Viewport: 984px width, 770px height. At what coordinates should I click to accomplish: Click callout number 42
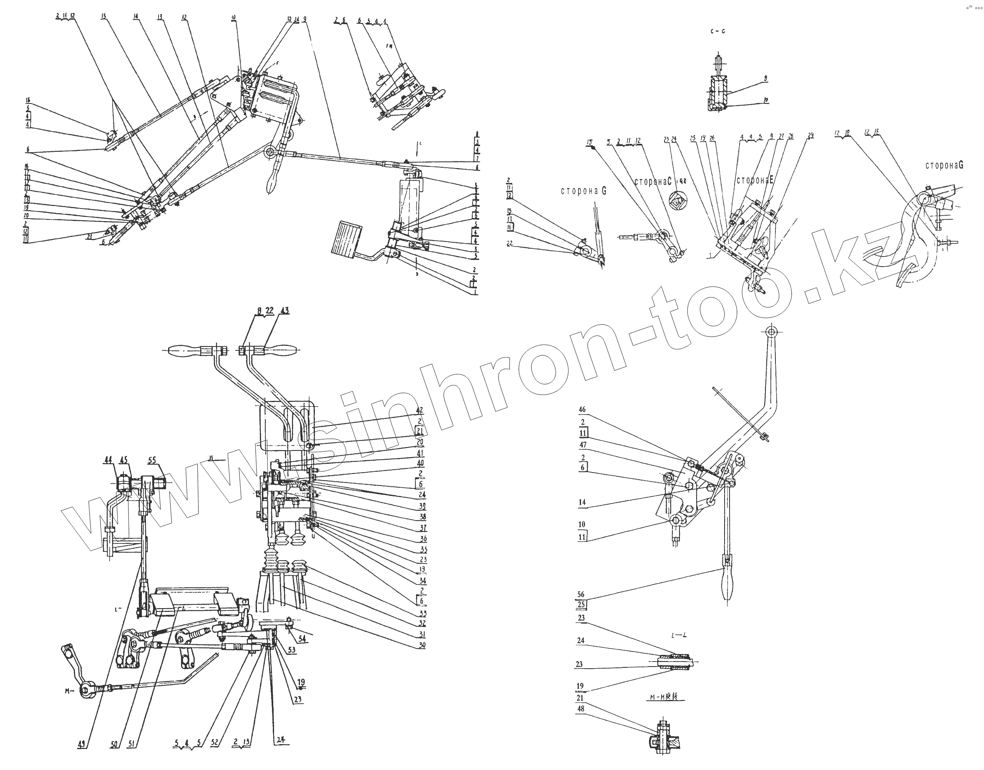click(x=419, y=410)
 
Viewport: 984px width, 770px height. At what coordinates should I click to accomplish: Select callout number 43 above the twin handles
click(x=284, y=311)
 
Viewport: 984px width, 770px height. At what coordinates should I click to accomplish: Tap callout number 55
click(x=152, y=460)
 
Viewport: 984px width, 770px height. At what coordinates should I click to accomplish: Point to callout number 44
click(x=108, y=460)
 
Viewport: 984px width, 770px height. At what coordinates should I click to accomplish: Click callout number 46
click(x=582, y=410)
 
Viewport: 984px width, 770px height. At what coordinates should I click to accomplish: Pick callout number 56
click(x=581, y=595)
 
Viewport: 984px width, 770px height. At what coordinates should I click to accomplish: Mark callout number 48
click(x=581, y=709)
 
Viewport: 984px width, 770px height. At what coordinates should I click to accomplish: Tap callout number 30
click(x=422, y=645)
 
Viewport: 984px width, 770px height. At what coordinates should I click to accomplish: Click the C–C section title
click(x=717, y=31)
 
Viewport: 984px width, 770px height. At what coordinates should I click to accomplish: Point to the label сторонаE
click(x=755, y=180)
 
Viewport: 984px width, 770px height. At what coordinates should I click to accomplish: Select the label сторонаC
click(x=653, y=182)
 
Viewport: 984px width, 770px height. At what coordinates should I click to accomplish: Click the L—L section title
click(x=679, y=636)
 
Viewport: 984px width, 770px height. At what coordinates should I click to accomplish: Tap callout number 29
click(x=810, y=135)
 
